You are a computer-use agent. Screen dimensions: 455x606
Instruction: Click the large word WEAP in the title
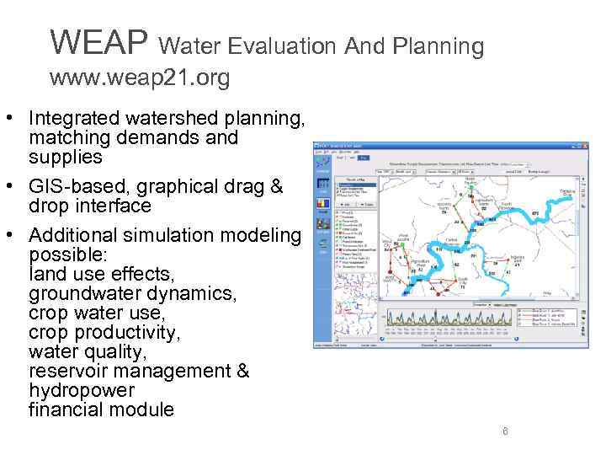coord(98,40)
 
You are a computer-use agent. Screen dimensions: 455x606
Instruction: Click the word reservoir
coord(69,371)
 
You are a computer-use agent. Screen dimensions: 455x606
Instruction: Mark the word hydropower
coord(81,391)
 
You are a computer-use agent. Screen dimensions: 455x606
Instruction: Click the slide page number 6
coord(505,432)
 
